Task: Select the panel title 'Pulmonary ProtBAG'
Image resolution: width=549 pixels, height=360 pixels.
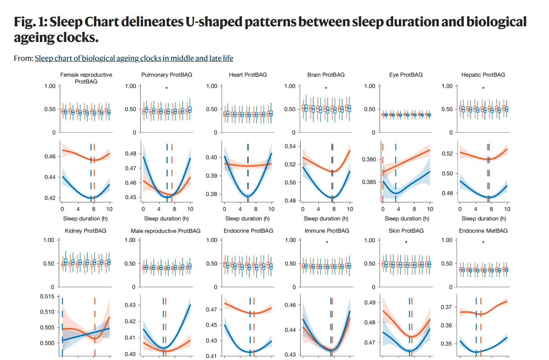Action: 167,75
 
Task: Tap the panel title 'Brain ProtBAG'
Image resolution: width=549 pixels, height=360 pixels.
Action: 326,75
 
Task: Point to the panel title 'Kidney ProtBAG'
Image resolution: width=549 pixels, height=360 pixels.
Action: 86,231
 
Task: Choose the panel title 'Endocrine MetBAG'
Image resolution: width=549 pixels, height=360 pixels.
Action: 483,231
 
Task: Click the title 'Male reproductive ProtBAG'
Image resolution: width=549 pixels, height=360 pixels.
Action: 166,231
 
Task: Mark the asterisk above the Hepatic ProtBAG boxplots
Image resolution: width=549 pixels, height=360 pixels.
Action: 483,88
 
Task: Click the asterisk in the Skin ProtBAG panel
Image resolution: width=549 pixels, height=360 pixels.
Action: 406,242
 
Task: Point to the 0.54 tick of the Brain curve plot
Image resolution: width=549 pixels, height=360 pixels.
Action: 290,146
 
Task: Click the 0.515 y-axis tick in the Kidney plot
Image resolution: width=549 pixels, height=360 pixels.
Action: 47,297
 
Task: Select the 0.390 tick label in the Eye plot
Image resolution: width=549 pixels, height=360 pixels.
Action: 369,160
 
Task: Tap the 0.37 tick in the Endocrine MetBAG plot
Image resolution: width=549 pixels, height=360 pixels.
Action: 447,307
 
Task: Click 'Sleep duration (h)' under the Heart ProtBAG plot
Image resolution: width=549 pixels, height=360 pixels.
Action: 248,218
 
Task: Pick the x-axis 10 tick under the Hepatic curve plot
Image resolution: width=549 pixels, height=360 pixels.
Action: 507,209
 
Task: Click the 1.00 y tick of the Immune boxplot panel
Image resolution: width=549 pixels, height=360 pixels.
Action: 290,240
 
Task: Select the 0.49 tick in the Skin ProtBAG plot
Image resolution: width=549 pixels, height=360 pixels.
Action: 370,303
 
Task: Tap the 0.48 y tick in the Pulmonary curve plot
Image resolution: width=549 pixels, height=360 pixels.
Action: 131,154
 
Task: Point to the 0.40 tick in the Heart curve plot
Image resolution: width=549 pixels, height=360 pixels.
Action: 211,158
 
